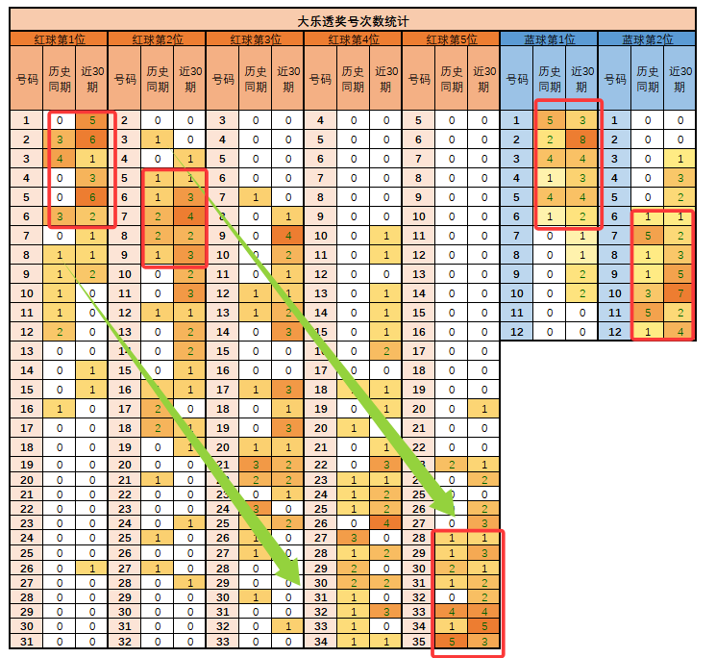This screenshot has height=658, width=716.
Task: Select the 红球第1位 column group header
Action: coord(60,39)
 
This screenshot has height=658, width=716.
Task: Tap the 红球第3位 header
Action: coord(256,39)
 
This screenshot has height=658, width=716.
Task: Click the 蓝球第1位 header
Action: coord(549,39)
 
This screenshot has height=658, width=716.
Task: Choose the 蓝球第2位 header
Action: coord(647,39)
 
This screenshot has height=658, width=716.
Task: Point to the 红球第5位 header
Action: coord(451,39)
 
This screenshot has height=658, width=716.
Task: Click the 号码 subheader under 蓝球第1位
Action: coord(517,79)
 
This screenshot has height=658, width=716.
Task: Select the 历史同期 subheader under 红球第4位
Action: coord(354,79)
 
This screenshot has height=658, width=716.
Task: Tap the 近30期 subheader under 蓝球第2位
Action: coord(679,79)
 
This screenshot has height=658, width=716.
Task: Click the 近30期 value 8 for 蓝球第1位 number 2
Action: coord(581,139)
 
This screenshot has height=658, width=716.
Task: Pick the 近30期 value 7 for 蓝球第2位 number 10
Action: coord(679,292)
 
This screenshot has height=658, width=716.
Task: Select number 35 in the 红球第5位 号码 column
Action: coord(418,642)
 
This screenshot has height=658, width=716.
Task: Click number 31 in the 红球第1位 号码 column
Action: coord(27,642)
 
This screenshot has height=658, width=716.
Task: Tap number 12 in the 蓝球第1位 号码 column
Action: coord(517,331)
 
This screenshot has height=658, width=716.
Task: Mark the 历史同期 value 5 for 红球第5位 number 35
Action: coord(451,642)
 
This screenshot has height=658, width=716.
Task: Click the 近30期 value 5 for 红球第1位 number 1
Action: coord(92,120)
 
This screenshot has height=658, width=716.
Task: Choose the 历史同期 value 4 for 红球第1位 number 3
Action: coord(60,159)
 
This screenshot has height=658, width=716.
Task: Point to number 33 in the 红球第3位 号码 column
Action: coord(223,642)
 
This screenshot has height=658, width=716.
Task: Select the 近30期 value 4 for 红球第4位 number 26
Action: coord(385,522)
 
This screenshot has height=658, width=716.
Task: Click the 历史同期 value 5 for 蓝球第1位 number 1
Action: coord(550,120)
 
